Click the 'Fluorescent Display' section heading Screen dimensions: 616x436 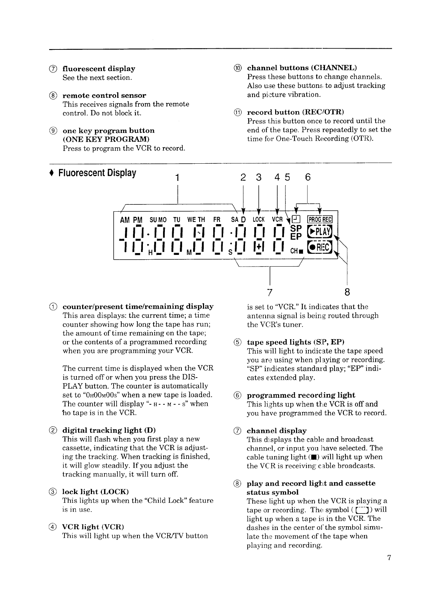[x=97, y=173]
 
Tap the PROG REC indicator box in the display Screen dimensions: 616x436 [x=320, y=220]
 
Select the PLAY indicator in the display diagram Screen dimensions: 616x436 [x=319, y=232]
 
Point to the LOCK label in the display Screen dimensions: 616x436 [x=259, y=220]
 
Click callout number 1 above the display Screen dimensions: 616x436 [x=177, y=178]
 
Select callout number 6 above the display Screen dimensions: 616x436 [x=307, y=177]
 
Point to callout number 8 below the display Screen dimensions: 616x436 [x=347, y=292]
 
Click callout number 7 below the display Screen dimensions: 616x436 [x=270, y=292]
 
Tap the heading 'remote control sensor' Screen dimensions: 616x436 [x=104, y=96]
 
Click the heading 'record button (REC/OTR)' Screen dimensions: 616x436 [x=295, y=112]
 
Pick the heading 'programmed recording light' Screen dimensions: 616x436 [x=301, y=395]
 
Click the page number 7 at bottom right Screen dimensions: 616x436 [x=389, y=558]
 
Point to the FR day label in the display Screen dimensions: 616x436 [x=217, y=220]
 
